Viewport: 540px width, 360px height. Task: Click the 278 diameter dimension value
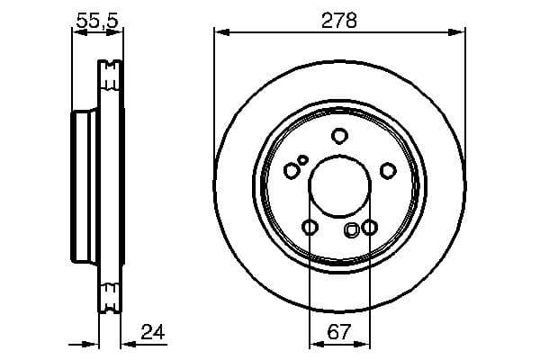click(339, 20)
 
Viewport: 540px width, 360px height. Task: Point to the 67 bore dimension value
click(339, 331)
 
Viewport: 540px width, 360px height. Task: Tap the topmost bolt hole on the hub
click(339, 136)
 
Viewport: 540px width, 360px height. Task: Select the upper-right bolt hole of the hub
click(388, 170)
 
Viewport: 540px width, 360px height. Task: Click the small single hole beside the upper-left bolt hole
click(303, 160)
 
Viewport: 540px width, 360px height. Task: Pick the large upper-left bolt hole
click(291, 170)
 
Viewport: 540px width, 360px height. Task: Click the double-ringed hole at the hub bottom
click(351, 230)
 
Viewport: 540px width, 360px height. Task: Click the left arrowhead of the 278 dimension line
click(220, 32)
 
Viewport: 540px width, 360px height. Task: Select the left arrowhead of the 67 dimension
click(314, 343)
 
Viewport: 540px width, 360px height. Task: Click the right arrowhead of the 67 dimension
click(364, 343)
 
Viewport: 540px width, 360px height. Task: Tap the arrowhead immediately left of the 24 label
click(125, 343)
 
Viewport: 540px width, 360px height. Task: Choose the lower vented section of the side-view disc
click(110, 295)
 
